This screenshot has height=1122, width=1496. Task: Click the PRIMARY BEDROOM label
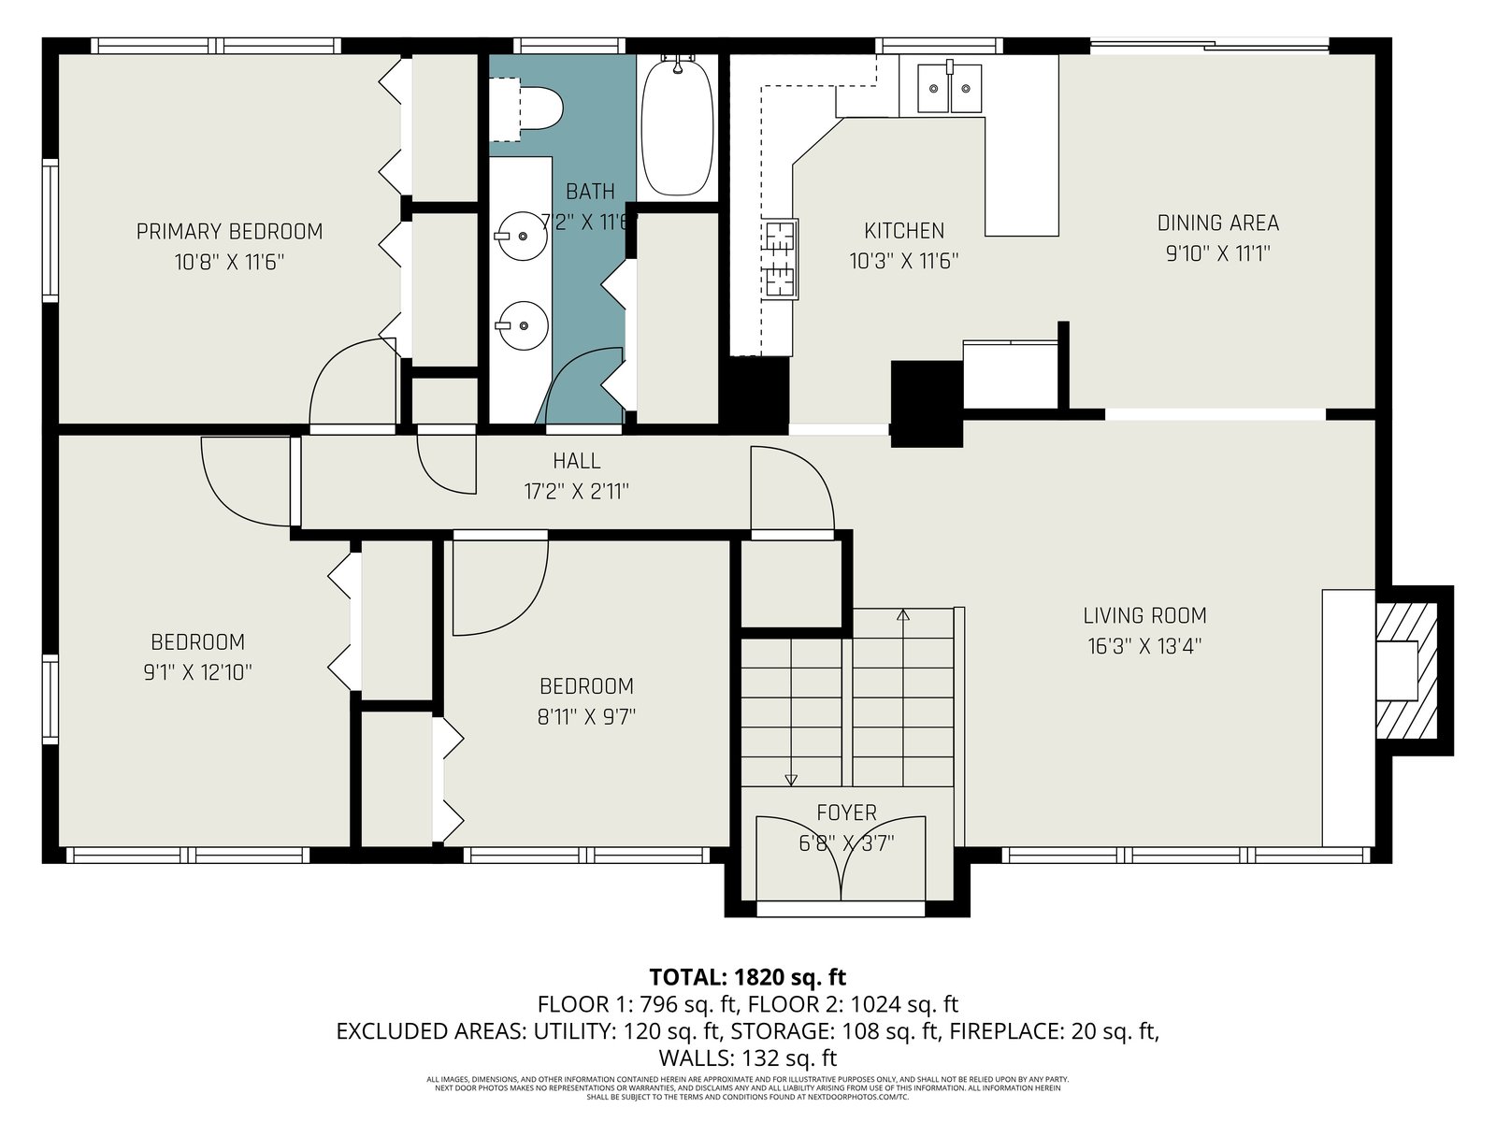[229, 232]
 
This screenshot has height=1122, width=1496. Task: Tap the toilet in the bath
[526, 109]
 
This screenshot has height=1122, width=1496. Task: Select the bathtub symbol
[678, 127]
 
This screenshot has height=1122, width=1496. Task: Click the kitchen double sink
[949, 89]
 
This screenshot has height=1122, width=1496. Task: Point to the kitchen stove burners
[781, 260]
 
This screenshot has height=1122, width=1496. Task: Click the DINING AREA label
[1218, 223]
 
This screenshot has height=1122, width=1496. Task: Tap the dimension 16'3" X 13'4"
[1144, 646]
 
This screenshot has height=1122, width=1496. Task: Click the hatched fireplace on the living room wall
[1407, 670]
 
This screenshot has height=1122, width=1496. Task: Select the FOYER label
[846, 812]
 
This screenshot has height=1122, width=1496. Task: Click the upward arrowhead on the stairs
[903, 615]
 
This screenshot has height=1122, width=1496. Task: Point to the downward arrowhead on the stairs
[791, 780]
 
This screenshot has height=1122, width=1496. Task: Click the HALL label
[577, 461]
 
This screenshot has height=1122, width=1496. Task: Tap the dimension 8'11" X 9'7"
[586, 716]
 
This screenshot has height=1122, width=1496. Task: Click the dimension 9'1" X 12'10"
[197, 673]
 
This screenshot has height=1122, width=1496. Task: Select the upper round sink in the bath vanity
[522, 237]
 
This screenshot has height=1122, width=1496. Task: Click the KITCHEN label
[904, 231]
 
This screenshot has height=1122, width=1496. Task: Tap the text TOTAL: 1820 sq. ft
[748, 978]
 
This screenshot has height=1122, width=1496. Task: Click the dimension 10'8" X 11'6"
[229, 263]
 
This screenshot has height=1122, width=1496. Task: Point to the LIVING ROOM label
[1145, 616]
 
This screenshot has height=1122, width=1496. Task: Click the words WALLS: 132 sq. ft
[748, 1058]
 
